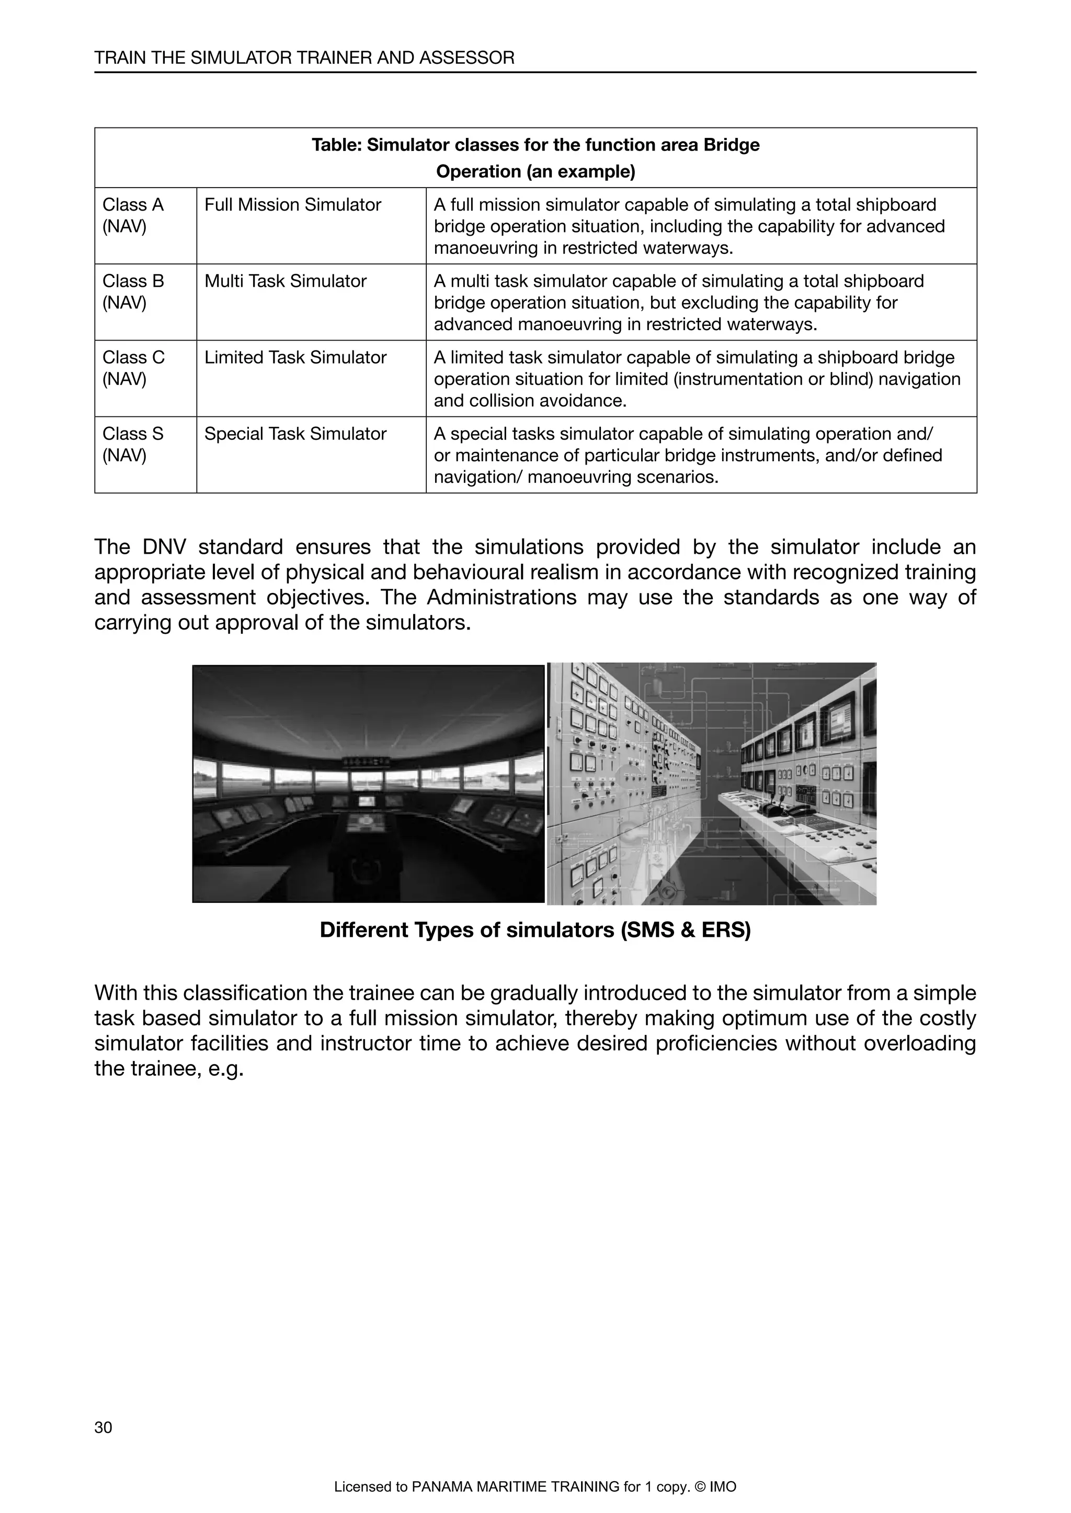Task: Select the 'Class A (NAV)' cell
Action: coord(145,225)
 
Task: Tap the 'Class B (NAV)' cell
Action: coord(145,302)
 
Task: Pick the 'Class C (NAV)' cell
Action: coord(145,378)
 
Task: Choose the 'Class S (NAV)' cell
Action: coord(145,455)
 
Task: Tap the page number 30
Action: coord(104,1427)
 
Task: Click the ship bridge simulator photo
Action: coord(368,784)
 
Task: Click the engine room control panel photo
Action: coord(712,784)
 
